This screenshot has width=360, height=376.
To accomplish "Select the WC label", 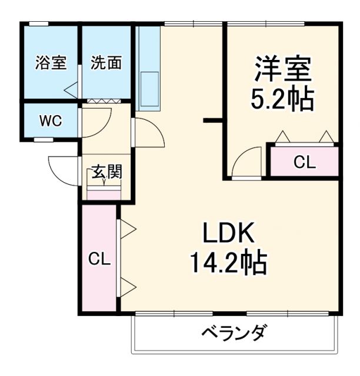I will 50,121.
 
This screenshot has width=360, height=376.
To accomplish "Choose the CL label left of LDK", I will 99,259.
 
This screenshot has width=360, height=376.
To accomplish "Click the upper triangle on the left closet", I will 128,229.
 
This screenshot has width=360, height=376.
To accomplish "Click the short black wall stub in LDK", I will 212,121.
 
